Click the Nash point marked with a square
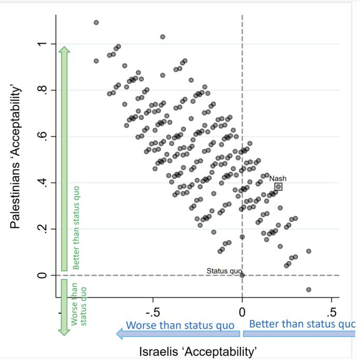point(279,187)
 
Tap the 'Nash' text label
point(278,178)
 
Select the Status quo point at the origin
point(242,275)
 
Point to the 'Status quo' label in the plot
point(224,271)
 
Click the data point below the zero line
point(309,289)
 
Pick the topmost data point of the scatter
point(96,23)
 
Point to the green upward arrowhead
point(64,50)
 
